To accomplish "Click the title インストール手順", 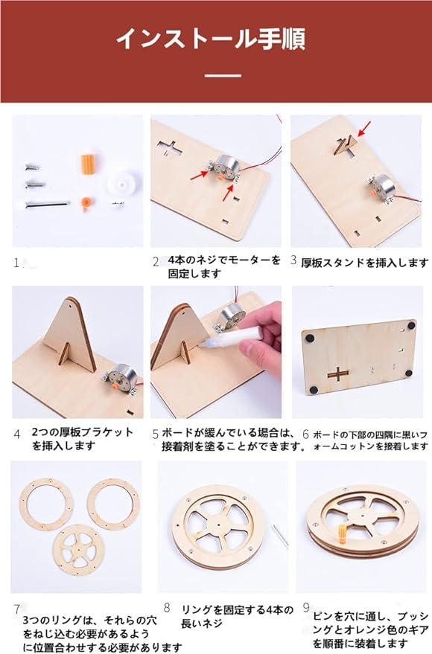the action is [210, 39].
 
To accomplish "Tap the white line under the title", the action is [223, 75].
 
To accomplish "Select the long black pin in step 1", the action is [46, 204].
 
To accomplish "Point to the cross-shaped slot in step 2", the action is [170, 149].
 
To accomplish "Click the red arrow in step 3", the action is [364, 128].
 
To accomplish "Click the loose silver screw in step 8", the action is [279, 535].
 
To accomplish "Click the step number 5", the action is [155, 435].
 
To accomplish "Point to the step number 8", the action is [167, 608].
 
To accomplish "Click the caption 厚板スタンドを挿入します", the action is [365, 263].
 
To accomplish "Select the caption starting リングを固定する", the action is [237, 617].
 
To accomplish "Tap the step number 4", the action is [16, 435].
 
